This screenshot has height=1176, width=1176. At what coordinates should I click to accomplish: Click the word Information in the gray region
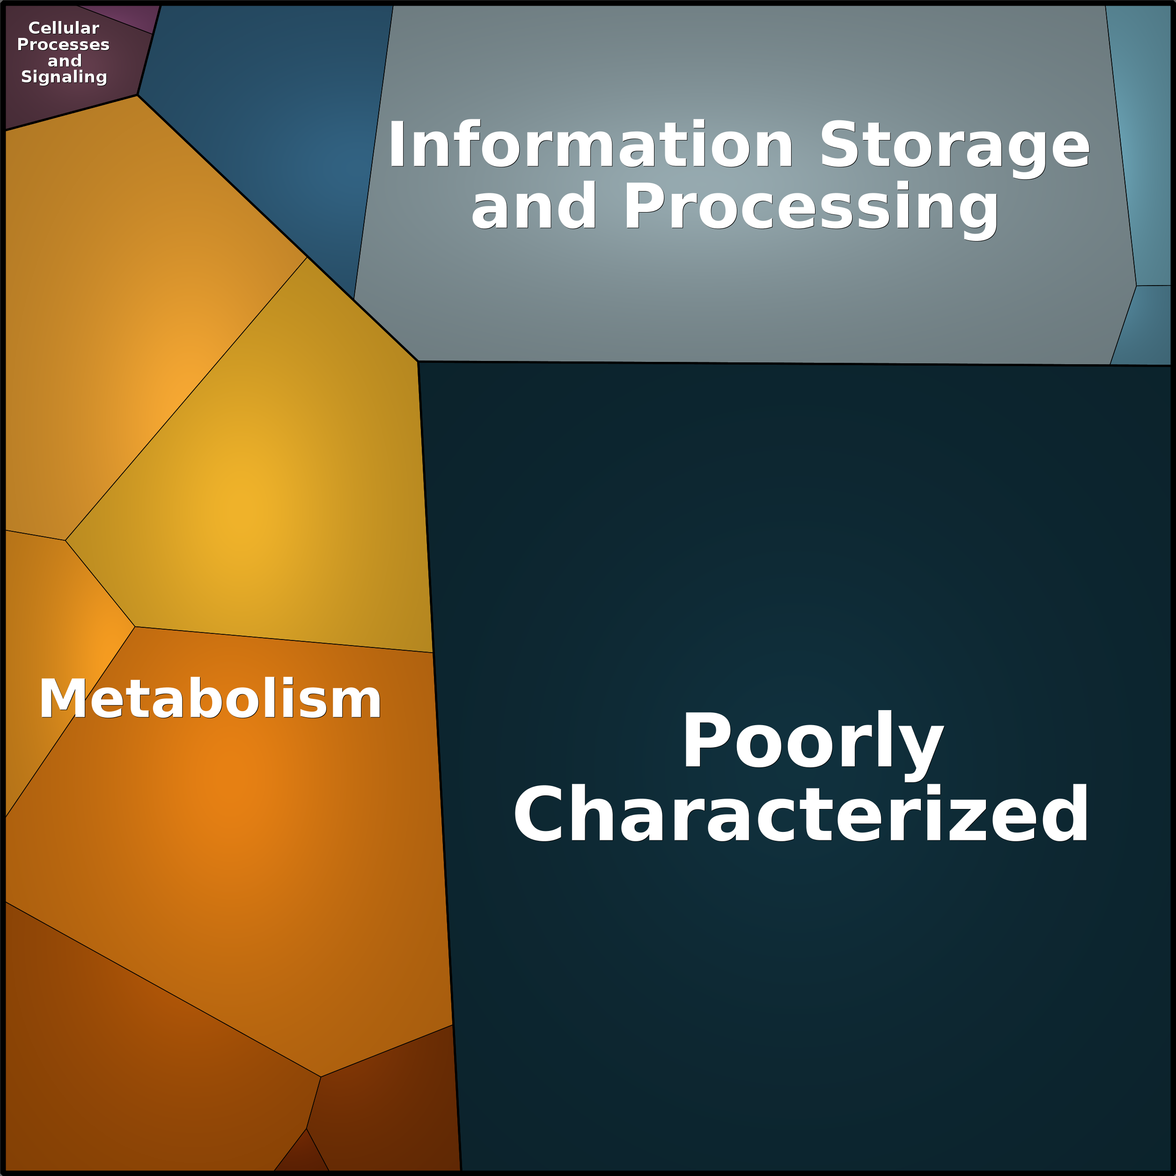coord(590,145)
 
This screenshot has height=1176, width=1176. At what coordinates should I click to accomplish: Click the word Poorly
coord(813,742)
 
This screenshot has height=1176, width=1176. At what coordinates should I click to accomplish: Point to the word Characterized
coord(801,815)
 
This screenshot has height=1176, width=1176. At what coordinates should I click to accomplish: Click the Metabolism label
coord(210,699)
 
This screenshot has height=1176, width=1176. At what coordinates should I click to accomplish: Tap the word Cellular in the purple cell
coord(64,28)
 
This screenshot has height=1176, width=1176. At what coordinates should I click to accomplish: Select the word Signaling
coord(64,77)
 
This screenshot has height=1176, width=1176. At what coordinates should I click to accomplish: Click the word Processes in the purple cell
coord(63,44)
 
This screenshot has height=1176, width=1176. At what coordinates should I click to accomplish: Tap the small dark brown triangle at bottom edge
coord(302,1156)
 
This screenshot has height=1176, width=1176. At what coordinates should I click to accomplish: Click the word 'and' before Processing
coord(533,207)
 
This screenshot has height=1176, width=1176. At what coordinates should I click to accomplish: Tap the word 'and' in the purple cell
coord(65,61)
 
